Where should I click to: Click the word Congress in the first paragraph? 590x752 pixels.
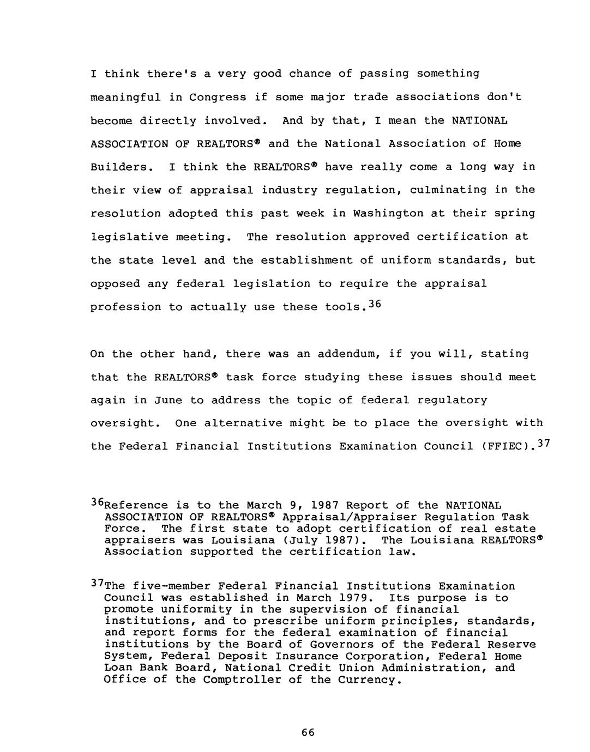pos(218,98)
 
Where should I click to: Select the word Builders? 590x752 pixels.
pos(119,167)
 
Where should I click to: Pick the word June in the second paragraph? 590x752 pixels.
pos(168,401)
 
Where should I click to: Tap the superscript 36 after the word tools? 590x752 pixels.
pos(377,305)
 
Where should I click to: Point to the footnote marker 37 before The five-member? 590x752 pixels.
pos(97,584)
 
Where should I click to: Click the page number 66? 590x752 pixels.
pos(308,733)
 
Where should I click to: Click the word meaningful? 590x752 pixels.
pos(125,98)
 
